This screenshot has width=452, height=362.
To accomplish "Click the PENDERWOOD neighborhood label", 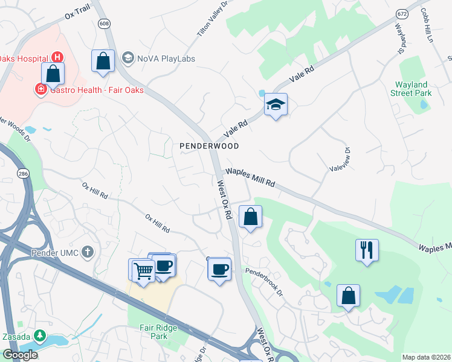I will pyautogui.click(x=209, y=146).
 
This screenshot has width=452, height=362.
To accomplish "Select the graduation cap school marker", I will pyautogui.click(x=276, y=105).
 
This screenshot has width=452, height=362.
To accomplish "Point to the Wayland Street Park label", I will pyautogui.click(x=413, y=89).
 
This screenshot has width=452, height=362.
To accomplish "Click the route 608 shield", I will pyautogui.click(x=103, y=23).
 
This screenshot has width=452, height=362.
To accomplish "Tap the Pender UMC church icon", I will pyautogui.click(x=88, y=251).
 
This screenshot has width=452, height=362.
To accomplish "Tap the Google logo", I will pyautogui.click(x=20, y=355).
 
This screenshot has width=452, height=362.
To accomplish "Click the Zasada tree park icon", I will pyautogui.click(x=40, y=334).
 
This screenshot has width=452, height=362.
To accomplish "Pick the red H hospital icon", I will pyautogui.click(x=57, y=57).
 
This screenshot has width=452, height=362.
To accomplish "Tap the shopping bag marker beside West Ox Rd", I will pyautogui.click(x=250, y=216).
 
